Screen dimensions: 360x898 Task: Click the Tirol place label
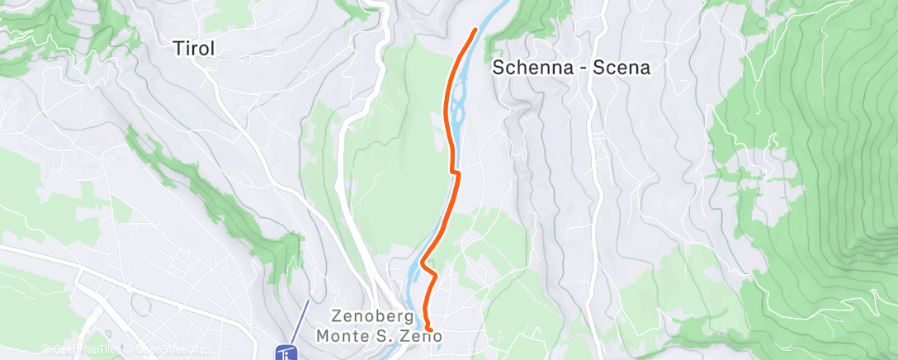coord(195,49)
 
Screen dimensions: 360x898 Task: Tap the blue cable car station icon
coord(286,353)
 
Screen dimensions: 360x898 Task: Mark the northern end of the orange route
coord(475,31)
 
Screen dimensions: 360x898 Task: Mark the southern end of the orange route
coord(429,331)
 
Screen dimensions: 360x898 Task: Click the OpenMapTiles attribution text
coord(79,348)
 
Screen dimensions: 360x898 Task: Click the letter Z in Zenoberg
coord(336,315)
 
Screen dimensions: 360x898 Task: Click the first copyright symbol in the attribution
coord(45,348)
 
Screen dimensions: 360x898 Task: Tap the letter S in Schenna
coord(499,69)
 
